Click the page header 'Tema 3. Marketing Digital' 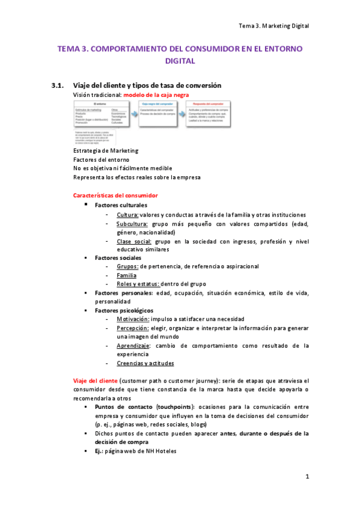[x=273, y=26]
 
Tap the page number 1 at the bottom [x=307, y=477]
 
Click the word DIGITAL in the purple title [x=180, y=61]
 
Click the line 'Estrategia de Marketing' [x=105, y=150]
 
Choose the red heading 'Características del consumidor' [x=115, y=195]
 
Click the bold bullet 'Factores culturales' [x=121, y=205]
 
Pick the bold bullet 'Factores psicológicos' [x=124, y=310]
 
